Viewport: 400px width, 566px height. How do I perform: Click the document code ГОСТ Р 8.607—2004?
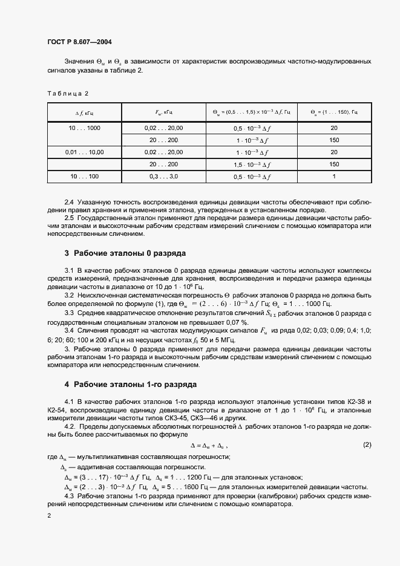tap(79, 42)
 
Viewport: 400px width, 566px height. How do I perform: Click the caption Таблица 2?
tap(68, 93)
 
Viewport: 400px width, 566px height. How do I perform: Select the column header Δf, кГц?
tap(85, 112)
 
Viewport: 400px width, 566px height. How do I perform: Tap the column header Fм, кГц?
tap(164, 112)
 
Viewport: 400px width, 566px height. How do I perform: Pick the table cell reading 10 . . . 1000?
tap(85, 128)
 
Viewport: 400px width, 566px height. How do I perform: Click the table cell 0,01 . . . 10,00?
tap(85, 152)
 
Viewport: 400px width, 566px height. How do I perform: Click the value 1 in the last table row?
tap(333, 176)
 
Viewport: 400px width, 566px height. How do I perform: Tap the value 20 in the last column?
tap(333, 128)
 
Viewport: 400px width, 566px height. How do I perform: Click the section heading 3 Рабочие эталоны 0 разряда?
tap(125, 253)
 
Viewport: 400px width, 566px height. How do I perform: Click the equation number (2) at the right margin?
tap(367, 445)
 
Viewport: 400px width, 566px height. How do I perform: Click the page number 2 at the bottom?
tap(48, 515)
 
